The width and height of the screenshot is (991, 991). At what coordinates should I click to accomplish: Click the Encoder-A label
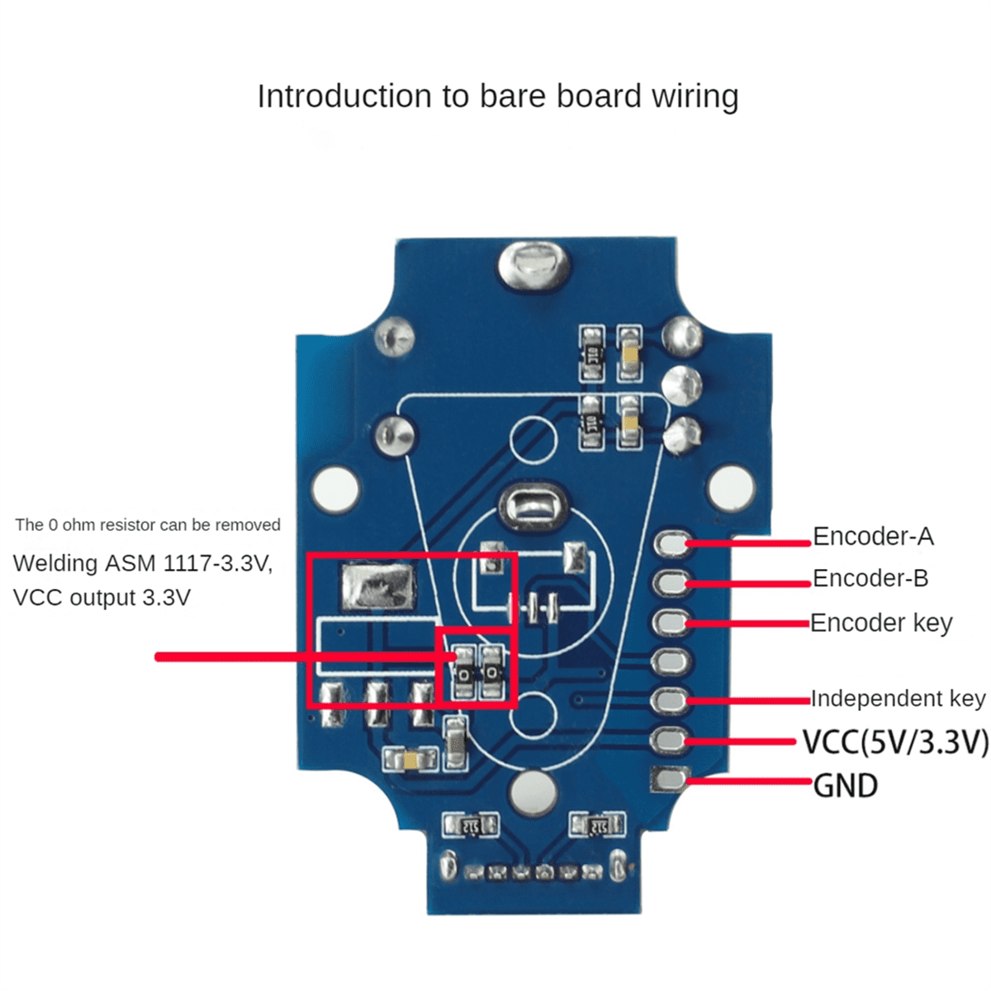[873, 537]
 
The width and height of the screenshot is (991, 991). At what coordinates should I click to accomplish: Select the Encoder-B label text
[870, 578]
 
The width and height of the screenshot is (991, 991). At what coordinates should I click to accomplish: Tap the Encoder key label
[881, 623]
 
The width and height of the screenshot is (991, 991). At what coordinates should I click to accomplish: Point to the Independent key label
[898, 699]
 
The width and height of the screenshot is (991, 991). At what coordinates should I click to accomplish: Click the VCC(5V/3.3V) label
[895, 742]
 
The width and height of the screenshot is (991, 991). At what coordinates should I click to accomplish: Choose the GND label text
[845, 785]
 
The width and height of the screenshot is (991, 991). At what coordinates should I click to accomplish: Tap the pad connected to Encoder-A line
[672, 543]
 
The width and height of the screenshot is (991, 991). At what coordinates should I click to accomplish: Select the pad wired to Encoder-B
[672, 582]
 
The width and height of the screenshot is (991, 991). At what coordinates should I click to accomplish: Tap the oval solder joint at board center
[533, 505]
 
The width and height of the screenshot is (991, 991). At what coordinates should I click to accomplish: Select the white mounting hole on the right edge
[731, 487]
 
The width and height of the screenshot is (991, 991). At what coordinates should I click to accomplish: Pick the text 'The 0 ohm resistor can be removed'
[148, 525]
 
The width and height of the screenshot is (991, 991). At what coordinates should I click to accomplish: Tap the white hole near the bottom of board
[533, 794]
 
